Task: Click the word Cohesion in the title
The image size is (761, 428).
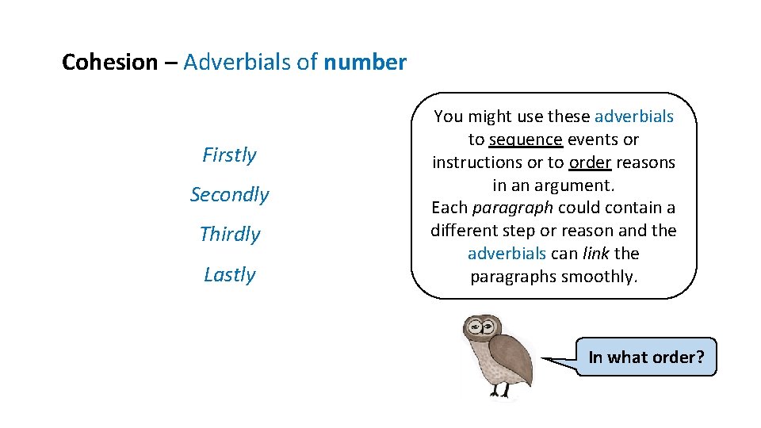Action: (109, 63)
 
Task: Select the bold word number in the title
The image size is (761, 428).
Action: (365, 63)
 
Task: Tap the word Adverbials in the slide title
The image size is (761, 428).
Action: (238, 63)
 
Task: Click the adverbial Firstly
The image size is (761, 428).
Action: (229, 155)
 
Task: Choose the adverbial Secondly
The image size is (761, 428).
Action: (229, 195)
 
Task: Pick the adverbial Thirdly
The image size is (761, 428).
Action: (229, 235)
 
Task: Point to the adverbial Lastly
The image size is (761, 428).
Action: (229, 275)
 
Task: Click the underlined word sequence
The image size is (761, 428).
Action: (526, 140)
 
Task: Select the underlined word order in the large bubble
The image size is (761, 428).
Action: (590, 162)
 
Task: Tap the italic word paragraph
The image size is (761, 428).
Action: (505, 208)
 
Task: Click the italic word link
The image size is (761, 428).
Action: (596, 254)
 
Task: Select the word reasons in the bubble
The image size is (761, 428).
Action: (646, 162)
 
